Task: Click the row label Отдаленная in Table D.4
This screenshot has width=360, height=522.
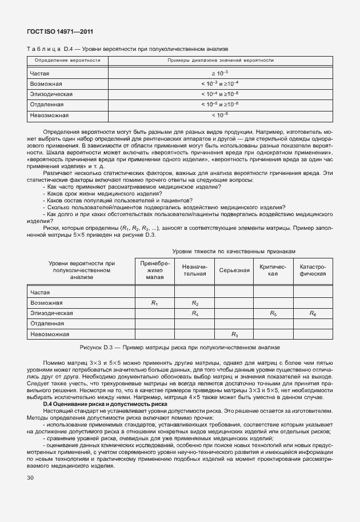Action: (x=47, y=105)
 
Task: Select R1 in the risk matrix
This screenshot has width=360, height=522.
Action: (x=154, y=302)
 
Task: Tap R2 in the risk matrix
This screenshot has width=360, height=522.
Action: (x=194, y=302)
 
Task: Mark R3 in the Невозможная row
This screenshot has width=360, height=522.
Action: (x=234, y=334)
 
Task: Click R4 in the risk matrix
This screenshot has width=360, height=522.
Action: (x=194, y=313)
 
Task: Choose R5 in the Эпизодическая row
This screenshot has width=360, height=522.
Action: (x=273, y=313)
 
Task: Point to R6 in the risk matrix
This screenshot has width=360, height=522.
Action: (x=313, y=313)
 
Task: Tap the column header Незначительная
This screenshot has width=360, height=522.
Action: (x=194, y=270)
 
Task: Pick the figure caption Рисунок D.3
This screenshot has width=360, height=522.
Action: (x=179, y=347)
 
